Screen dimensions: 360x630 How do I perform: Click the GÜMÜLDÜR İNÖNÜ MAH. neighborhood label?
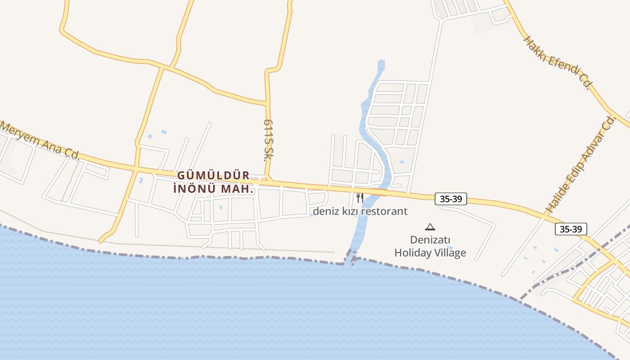214,182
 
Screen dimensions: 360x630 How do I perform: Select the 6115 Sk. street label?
269,140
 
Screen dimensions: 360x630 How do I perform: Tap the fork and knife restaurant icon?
360,198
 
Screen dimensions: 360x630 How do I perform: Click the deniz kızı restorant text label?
360,211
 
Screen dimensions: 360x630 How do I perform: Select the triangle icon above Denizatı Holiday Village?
430,227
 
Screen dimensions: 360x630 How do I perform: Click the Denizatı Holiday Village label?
430,247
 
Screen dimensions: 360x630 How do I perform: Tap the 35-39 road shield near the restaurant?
450,198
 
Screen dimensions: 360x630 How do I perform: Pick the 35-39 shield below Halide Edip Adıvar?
571,229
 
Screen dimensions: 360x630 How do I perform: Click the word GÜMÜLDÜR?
214,175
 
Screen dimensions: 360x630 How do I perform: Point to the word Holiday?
414,253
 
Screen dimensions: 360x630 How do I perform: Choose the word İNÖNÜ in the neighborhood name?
195,189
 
